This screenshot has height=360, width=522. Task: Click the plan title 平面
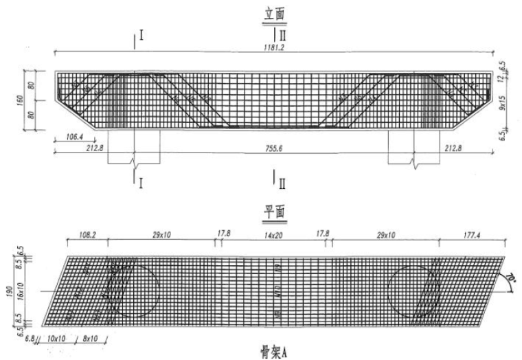point(274,212)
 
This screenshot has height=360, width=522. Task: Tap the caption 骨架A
point(275,351)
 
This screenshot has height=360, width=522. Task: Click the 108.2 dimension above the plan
point(87,235)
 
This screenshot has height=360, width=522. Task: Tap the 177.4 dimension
point(473,235)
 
